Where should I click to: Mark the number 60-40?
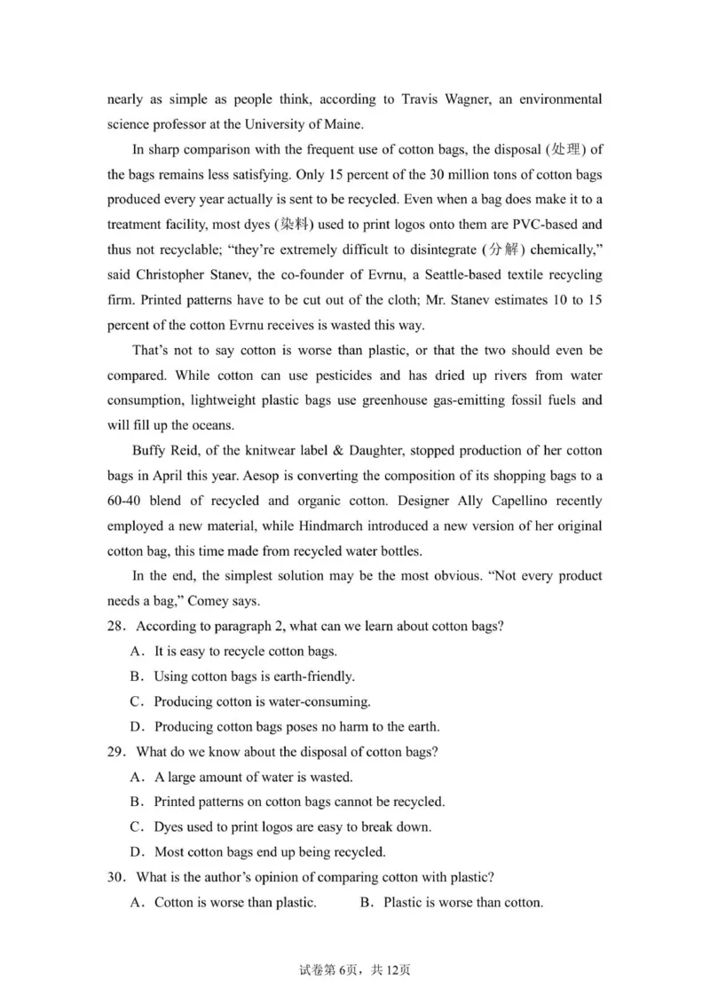click(127, 501)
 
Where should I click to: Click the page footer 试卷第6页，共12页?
click(355, 970)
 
